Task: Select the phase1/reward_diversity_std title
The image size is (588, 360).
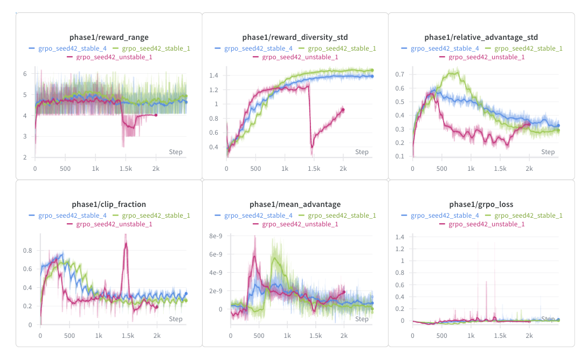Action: [x=295, y=37]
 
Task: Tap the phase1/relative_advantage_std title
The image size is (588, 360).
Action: [x=481, y=37]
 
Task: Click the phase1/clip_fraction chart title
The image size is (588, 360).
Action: [x=109, y=204]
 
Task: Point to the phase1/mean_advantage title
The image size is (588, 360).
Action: [x=295, y=204]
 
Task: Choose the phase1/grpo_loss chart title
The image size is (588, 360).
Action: [x=481, y=204]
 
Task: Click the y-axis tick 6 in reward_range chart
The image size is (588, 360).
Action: [x=24, y=74]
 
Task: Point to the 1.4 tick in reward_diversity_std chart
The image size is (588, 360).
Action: [x=215, y=75]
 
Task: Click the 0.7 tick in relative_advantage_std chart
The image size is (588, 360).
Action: [x=400, y=74]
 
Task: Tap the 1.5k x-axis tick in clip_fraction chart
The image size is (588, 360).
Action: [x=128, y=335]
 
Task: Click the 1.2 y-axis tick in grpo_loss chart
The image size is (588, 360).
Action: [x=400, y=248]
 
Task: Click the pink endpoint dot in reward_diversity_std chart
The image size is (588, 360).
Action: [x=343, y=110]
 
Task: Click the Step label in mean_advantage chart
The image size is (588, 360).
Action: [x=362, y=319]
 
